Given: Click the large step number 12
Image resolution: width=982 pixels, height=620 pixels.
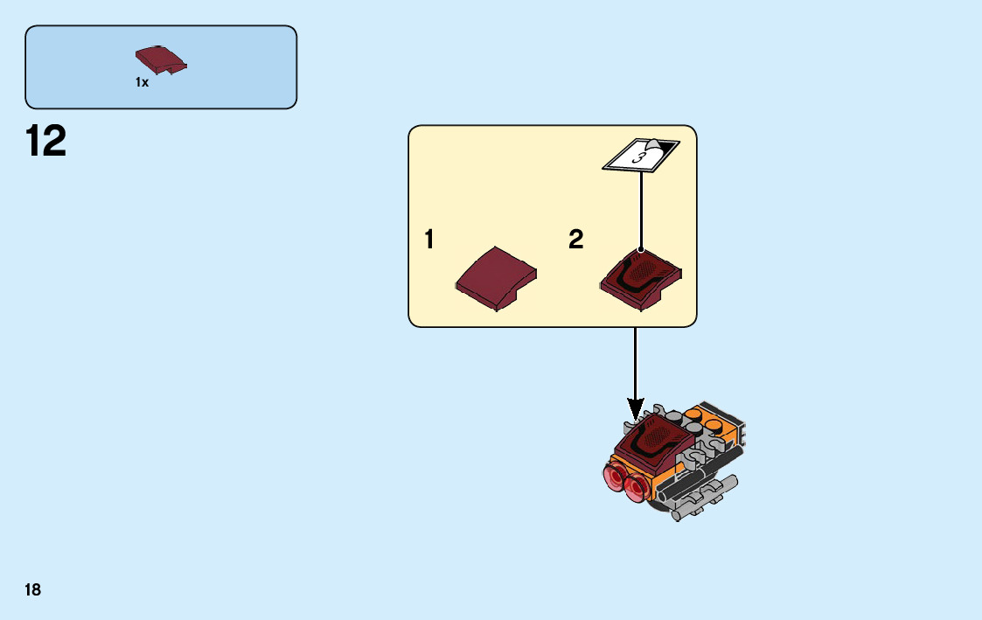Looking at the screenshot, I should click(x=46, y=142).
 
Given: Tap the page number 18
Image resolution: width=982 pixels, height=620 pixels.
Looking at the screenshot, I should click(x=32, y=589).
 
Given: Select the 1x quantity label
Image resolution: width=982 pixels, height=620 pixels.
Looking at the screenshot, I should click(x=142, y=82).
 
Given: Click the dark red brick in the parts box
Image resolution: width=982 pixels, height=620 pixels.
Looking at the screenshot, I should click(x=161, y=60).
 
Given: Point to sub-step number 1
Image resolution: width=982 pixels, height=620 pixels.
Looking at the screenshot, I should click(x=429, y=240).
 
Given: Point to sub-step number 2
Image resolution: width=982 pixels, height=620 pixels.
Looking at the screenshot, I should click(x=575, y=240).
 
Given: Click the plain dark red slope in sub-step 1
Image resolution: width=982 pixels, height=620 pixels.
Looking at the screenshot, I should click(x=496, y=278).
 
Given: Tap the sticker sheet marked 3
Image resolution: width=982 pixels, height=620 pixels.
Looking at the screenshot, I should click(x=641, y=156).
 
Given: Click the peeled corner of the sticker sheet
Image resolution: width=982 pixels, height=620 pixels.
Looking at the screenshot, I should click(x=655, y=144).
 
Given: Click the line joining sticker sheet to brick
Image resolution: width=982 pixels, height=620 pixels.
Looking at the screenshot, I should click(x=641, y=210).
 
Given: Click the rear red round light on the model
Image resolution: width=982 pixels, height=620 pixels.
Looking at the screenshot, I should click(x=612, y=476).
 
